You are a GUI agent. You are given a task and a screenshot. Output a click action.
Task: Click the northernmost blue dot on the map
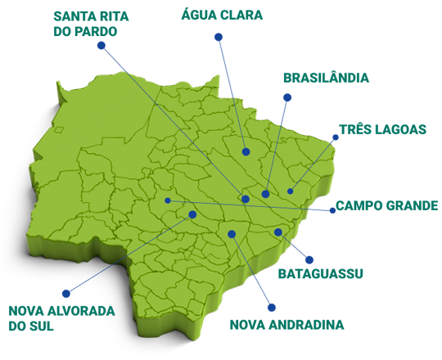[246, 151]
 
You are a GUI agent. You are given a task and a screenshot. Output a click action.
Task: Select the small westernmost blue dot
[168, 200]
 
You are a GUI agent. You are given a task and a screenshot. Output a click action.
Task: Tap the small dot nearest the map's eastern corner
[291, 191]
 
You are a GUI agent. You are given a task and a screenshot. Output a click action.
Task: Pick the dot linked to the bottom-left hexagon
[192, 214]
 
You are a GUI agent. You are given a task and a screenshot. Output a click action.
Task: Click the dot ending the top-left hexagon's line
[246, 199]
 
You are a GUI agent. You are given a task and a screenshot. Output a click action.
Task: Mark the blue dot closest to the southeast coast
[278, 232]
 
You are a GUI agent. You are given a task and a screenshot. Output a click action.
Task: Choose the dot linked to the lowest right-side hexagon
[232, 234]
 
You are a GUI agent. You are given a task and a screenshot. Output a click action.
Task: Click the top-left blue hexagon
[104, 52]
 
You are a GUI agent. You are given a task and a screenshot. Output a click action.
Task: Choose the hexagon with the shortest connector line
[308, 253]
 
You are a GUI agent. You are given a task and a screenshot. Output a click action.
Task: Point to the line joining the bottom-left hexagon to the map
[131, 253]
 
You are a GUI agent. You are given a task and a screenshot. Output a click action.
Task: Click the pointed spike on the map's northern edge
[219, 75]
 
